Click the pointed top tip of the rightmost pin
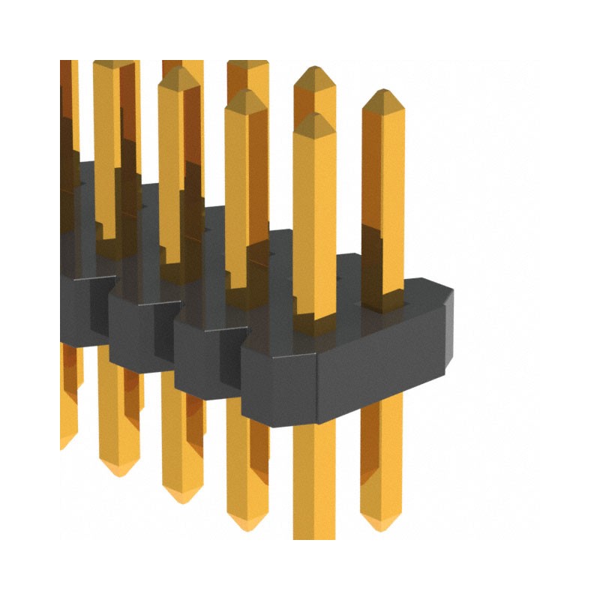[383, 94]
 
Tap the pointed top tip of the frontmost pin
[314, 118]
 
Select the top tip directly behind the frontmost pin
[314, 72]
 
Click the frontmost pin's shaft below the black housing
[313, 480]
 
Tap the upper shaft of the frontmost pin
[314, 210]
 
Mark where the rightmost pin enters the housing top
[383, 300]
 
